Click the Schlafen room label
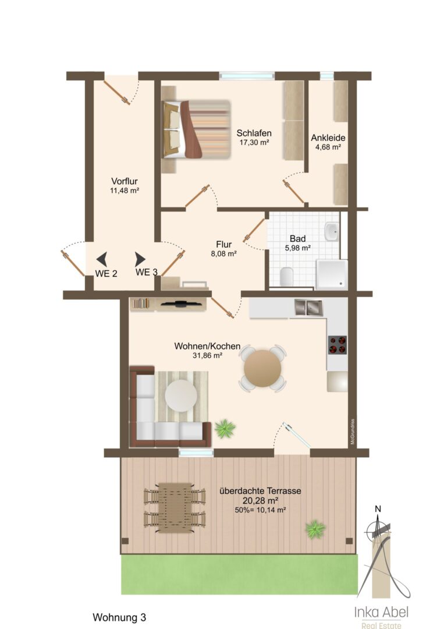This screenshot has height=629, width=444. tap(254, 133)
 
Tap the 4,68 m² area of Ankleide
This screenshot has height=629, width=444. tap(328, 147)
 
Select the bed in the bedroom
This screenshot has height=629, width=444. tap(196, 129)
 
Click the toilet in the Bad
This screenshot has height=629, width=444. tap(286, 277)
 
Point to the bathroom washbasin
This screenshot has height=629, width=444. tap(332, 231)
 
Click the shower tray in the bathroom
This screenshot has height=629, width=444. tap(331, 274)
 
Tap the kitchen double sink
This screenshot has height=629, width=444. tap(308, 307)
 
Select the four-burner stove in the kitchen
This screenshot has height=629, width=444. tap(338, 345)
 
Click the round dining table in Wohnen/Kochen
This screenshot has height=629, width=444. tap(262, 368)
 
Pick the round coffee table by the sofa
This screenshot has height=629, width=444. tap(181, 395)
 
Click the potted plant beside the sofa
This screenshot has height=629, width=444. tap(225, 428)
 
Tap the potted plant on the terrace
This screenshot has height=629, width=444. tap(315, 529)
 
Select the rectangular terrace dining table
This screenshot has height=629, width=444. tap(175, 507)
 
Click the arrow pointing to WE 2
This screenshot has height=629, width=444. tap(102, 259)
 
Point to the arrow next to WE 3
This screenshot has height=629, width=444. tap(140, 259)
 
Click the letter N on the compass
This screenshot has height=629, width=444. tap(378, 509)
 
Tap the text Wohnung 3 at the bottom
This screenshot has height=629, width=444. tap(119, 617)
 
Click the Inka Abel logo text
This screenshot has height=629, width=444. tap(381, 612)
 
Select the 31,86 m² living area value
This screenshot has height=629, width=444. tap(207, 355)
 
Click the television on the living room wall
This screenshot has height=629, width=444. tap(180, 303)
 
